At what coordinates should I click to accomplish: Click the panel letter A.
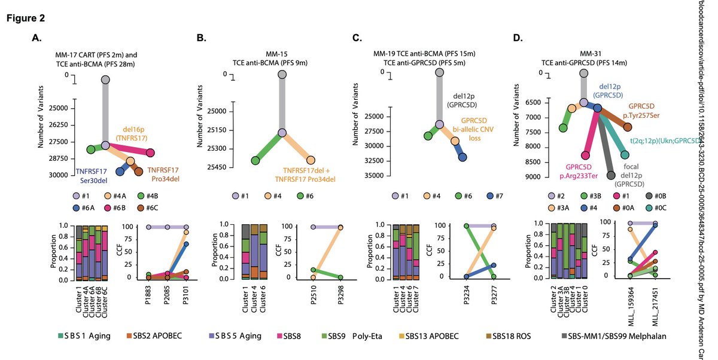pyautogui.click(x=37, y=39)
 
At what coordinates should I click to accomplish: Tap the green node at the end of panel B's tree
pyautogui.click(x=255, y=160)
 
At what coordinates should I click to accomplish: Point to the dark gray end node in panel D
pyautogui.click(x=611, y=175)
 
